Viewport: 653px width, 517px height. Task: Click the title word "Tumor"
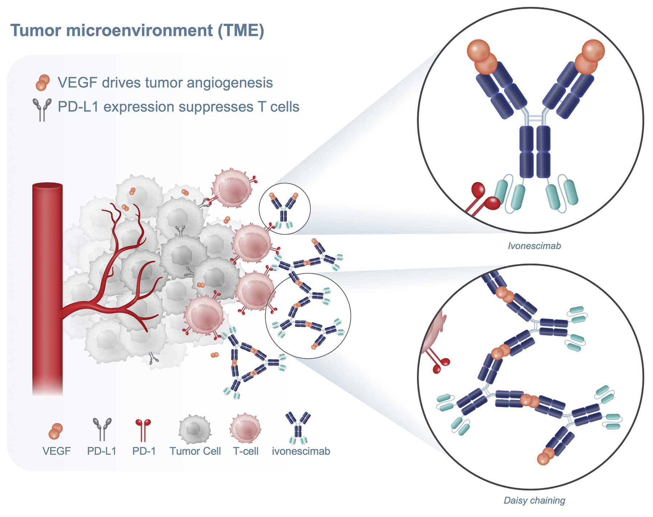coord(35,30)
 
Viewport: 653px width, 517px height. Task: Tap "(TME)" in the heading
coord(241,30)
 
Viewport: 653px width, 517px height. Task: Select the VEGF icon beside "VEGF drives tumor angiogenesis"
coord(43,82)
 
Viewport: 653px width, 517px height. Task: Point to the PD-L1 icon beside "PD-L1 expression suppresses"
coord(42,108)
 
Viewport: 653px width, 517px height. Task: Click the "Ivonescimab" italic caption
coord(534,246)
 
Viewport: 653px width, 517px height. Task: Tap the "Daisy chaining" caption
coord(534,501)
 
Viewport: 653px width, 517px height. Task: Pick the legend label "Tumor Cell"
coord(195,451)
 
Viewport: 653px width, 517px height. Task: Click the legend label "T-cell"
coord(246,451)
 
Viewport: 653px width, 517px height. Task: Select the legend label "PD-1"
coord(144,451)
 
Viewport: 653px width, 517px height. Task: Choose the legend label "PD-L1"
coord(102,451)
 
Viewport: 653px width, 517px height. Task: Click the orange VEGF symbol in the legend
coord(56,431)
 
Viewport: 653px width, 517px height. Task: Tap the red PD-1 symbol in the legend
coord(143,429)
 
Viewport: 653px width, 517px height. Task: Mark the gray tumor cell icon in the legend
coord(195,430)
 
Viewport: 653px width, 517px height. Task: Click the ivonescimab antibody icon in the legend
coord(298,428)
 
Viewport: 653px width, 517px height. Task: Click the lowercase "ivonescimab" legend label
coord(301,451)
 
